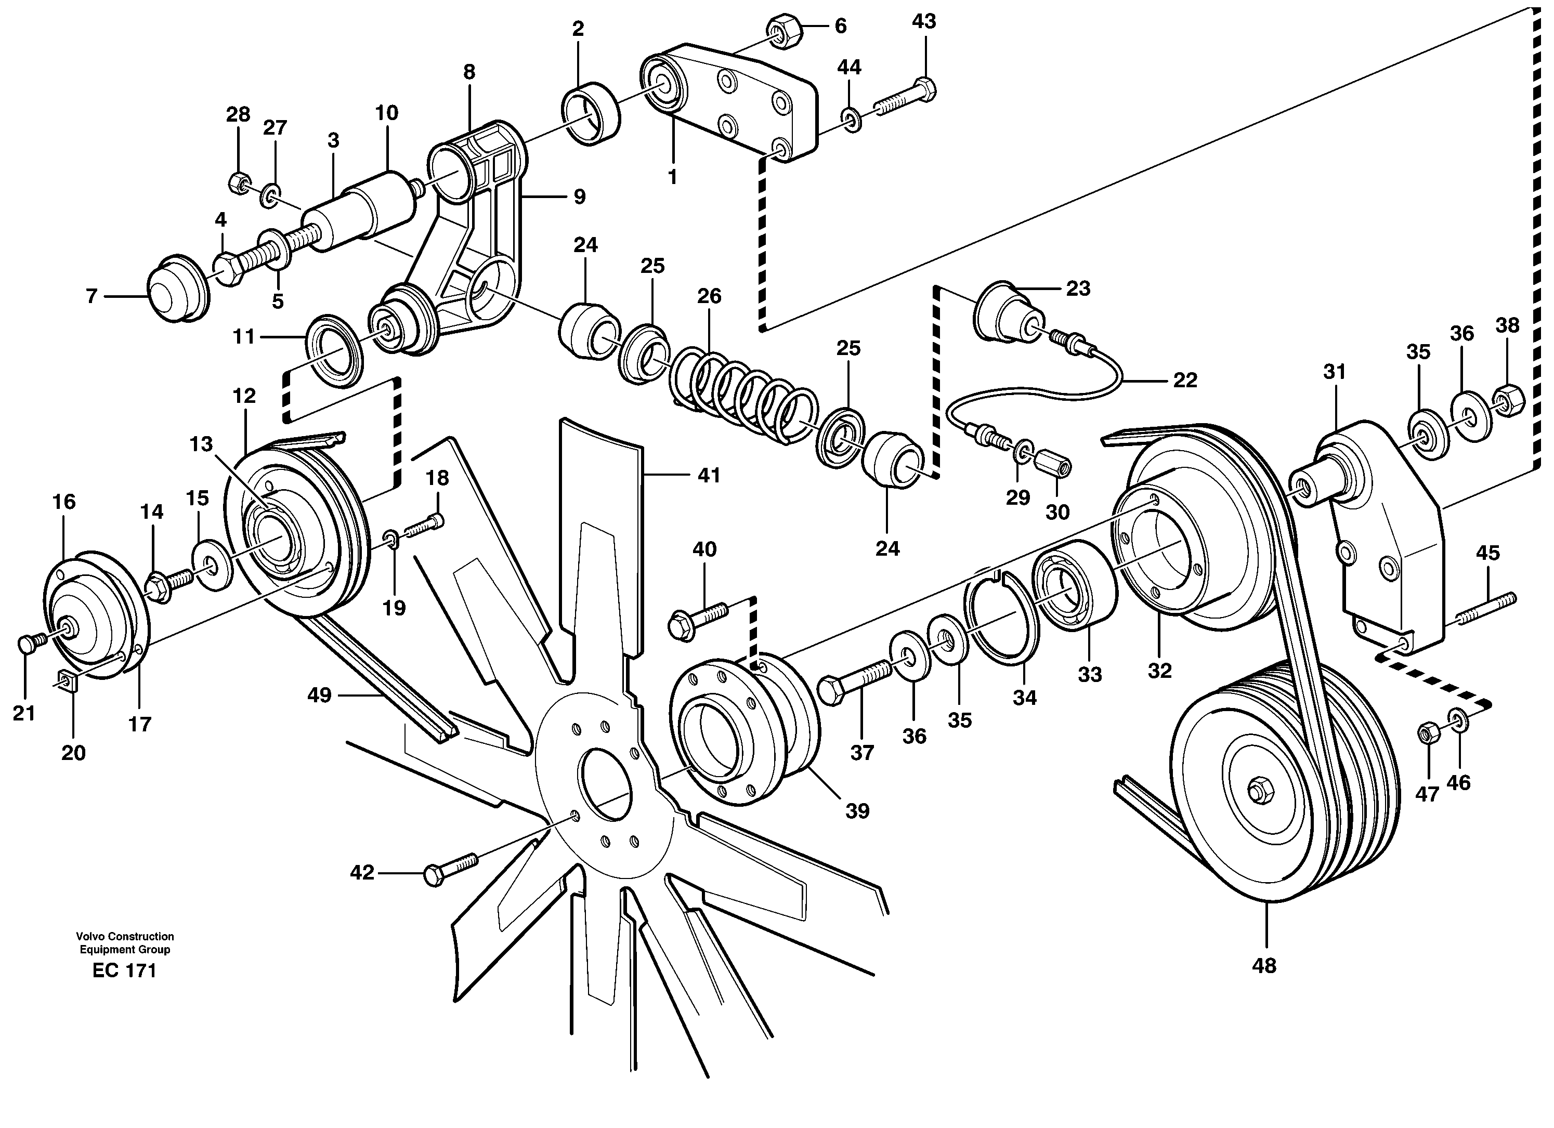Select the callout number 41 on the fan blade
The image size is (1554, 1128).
coord(709,475)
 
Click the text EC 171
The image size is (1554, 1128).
coord(124,970)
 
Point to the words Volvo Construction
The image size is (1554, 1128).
coord(125,936)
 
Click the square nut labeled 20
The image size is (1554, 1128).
coord(67,681)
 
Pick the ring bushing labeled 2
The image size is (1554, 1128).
coord(591,113)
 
